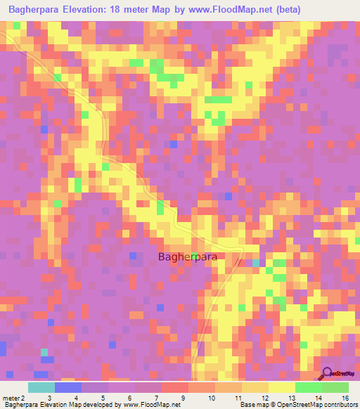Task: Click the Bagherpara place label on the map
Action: pyautogui.click(x=187, y=257)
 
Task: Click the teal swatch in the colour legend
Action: pyautogui.click(x=41, y=387)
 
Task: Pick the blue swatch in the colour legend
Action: pyautogui.click(x=68, y=387)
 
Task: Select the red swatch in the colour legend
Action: pyautogui.click(x=175, y=387)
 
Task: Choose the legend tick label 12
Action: pyautogui.click(x=262, y=398)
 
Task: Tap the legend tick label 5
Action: pyautogui.click(x=103, y=398)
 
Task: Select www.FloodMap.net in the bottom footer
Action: pyautogui.click(x=148, y=405)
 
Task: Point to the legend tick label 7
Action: pyautogui.click(x=155, y=398)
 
